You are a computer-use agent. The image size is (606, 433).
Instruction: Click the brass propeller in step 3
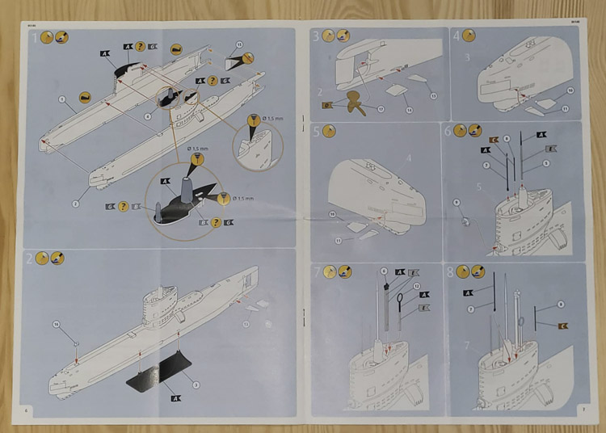pyautogui.click(x=352, y=105)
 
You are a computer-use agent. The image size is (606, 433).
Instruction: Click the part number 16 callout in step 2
pyautogui.click(x=57, y=324)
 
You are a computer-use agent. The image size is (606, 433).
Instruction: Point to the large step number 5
pyautogui.click(x=318, y=131)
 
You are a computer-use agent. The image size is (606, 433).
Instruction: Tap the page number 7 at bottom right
pyautogui.click(x=583, y=410)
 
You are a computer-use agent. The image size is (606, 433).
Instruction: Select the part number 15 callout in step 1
pyautogui.click(x=238, y=44)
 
